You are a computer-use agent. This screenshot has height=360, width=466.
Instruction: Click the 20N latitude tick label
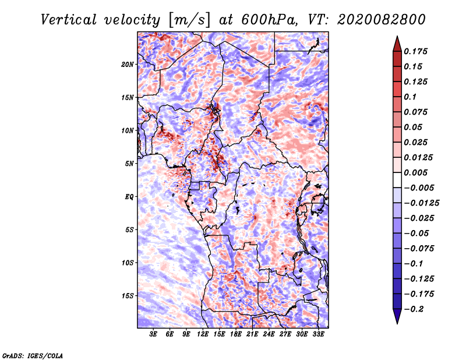point(128,65)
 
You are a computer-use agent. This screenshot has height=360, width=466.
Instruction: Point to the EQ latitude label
point(129,197)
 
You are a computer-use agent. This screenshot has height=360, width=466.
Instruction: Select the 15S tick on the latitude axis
point(128,296)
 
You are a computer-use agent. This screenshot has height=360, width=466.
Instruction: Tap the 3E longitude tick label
point(153,334)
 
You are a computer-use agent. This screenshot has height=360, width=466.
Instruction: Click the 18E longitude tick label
point(235,334)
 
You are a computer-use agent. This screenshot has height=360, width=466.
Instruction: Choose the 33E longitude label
point(318,334)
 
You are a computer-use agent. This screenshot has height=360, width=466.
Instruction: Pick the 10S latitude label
point(128,263)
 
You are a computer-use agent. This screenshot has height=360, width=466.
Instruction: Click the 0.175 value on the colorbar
point(415,51)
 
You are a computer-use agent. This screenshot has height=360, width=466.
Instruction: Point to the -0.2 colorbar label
point(414,309)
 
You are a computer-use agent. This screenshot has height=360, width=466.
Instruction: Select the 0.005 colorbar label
point(415,172)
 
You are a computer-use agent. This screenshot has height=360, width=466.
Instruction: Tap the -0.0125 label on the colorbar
point(421,203)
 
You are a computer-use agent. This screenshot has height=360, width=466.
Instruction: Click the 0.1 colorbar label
point(410,97)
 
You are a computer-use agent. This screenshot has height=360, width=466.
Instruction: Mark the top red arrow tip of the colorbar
point(397,36)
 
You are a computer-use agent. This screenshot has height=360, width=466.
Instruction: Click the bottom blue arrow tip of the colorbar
point(397,323)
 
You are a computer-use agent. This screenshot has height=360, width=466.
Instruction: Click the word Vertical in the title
point(69,20)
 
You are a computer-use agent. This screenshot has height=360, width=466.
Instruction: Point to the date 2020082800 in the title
point(382,20)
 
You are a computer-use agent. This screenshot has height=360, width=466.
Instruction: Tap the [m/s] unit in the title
point(189,20)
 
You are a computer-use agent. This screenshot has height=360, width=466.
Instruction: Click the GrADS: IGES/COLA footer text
point(33,355)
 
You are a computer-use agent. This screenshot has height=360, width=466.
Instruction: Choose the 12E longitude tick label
point(202,334)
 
